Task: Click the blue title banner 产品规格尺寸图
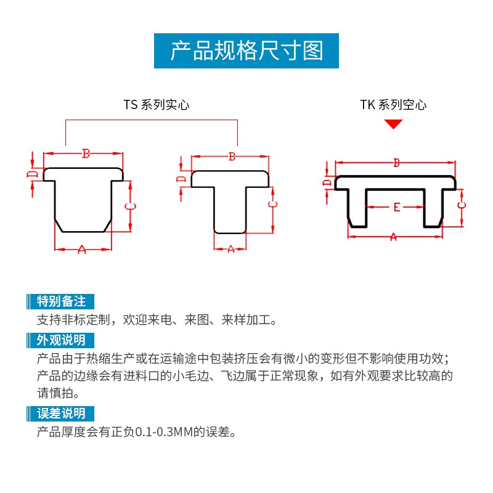246,50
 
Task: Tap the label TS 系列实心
156,105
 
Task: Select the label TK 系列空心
393,105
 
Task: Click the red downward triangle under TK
393,124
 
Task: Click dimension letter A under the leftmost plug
82,249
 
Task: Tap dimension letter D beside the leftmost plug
32,175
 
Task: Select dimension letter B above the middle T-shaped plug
232,157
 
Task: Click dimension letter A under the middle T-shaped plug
231,249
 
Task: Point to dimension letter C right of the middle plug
272,205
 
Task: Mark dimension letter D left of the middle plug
181,179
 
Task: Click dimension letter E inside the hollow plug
396,207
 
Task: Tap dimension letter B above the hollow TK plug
397,163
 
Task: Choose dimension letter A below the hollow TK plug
394,237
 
